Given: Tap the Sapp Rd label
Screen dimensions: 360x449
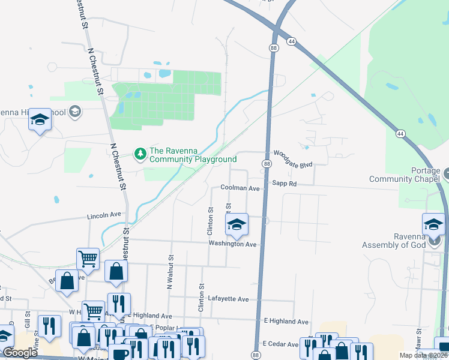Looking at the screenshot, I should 284,184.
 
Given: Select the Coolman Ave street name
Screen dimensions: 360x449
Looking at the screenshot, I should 240,188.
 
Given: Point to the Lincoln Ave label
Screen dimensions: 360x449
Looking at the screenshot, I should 104,215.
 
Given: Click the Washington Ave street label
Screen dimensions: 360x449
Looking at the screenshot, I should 232,244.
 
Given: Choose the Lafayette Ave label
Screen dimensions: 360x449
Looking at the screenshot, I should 228,299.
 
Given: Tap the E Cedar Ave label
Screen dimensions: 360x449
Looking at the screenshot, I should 280,344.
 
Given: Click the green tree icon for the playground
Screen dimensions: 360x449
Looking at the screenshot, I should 140,154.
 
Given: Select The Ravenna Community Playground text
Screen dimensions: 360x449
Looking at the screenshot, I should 193,155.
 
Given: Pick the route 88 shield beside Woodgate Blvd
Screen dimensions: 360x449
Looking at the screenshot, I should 265,163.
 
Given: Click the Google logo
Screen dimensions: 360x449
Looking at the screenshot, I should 20,353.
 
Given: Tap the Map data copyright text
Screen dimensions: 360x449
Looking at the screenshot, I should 423,355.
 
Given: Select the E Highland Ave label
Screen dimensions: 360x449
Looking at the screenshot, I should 286,322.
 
